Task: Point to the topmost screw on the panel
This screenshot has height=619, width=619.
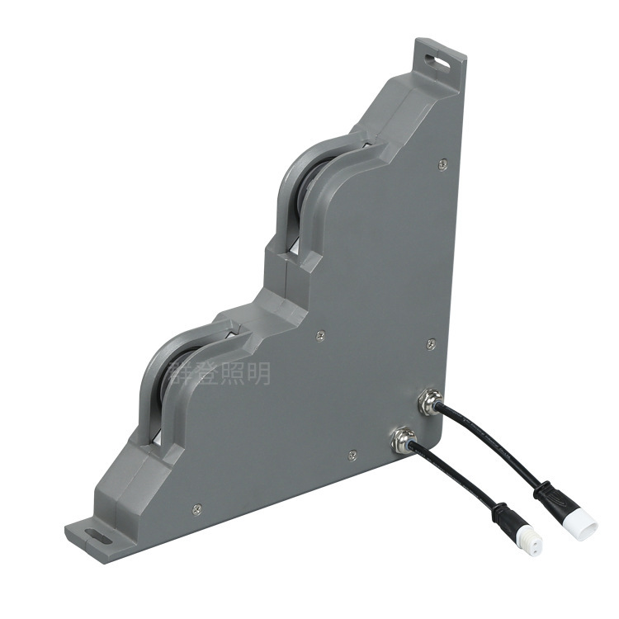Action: tap(445, 165)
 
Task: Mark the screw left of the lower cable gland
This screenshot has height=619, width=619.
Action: tap(352, 452)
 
